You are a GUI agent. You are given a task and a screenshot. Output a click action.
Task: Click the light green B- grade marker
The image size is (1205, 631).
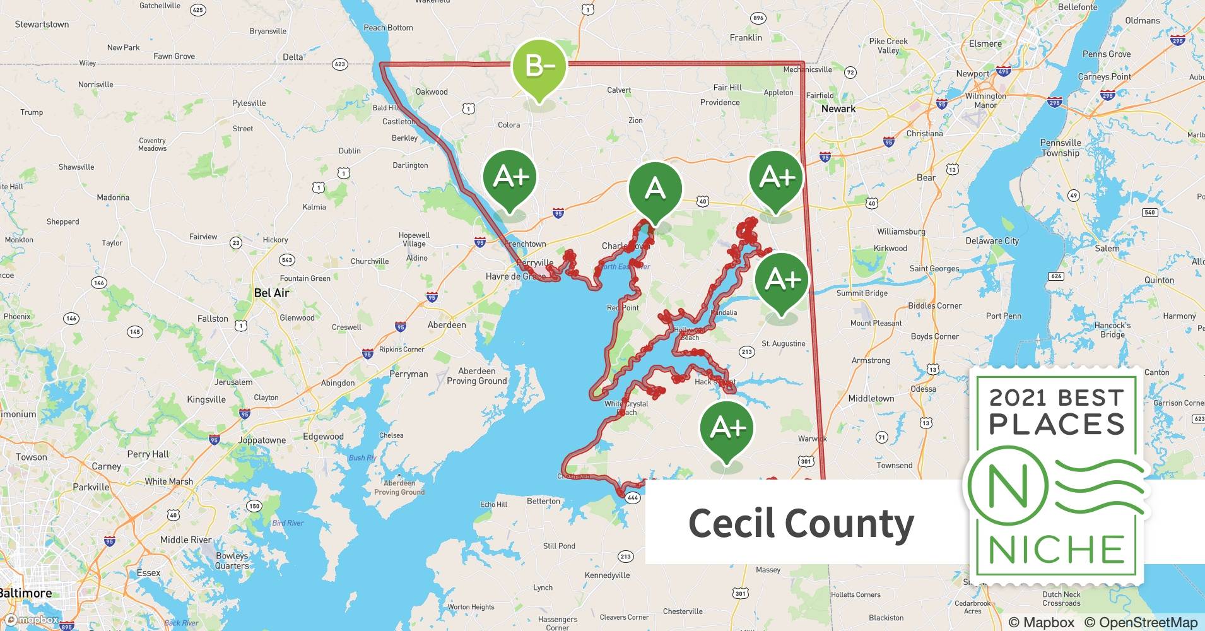(538, 66)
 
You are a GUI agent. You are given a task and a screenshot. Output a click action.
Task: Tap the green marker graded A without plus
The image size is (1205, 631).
(655, 189)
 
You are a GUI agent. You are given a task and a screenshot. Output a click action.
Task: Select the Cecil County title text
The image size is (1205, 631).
(801, 524)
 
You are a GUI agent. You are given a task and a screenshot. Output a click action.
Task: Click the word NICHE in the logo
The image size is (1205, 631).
(1057, 549)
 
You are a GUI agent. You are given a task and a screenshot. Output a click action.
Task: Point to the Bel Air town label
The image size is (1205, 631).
(271, 293)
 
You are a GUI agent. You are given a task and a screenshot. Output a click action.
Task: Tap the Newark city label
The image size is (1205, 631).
(838, 109)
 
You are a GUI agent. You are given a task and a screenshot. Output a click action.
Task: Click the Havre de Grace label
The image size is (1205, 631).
(515, 276)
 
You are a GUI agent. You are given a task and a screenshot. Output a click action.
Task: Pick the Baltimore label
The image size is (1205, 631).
(25, 593)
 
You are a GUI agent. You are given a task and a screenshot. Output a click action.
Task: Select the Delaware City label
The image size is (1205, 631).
(992, 240)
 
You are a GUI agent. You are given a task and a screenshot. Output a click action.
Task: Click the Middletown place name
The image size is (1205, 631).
(871, 398)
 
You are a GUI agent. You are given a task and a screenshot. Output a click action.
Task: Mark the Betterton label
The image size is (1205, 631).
(543, 501)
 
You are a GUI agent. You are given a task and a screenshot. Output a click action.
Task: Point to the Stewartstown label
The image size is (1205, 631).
(42, 24)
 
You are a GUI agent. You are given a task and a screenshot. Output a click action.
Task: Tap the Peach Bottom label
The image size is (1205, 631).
(388, 28)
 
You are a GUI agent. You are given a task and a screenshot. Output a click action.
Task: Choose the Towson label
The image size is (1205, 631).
(31, 457)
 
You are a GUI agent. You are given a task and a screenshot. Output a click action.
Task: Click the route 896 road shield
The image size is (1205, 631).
(758, 18)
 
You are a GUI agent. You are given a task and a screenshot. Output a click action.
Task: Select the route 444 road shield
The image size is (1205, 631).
(633, 498)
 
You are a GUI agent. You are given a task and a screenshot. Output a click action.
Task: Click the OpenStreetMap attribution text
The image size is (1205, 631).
(1140, 622)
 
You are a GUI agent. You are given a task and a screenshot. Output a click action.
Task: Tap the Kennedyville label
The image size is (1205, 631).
(607, 575)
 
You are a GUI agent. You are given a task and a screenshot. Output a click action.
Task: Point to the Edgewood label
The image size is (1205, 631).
(323, 437)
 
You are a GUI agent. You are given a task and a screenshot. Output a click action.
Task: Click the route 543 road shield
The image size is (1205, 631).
(287, 259)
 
